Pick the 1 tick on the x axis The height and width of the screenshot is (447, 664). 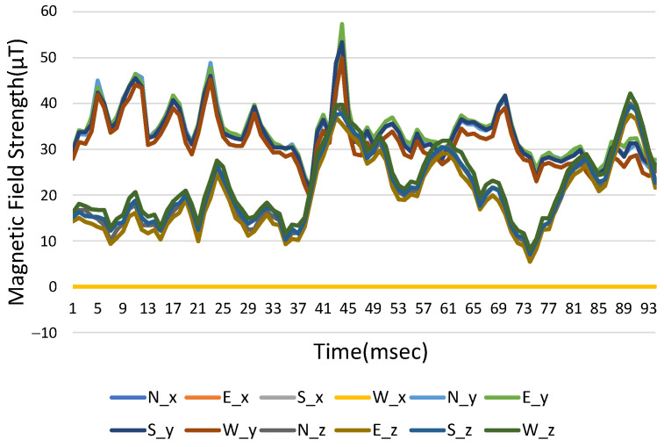tap(73, 309)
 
